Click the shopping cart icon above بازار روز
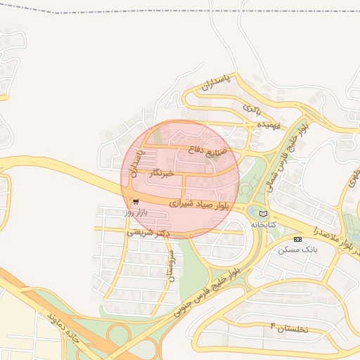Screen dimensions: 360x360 pyautogui.click(x=135, y=202)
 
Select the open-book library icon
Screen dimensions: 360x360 pyautogui.click(x=264, y=214)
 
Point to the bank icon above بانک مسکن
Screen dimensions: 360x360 pyautogui.click(x=297, y=239)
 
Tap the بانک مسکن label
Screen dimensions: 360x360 pyautogui.click(x=298, y=250)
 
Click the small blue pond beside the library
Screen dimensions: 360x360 pyautogui.click(x=252, y=210)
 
